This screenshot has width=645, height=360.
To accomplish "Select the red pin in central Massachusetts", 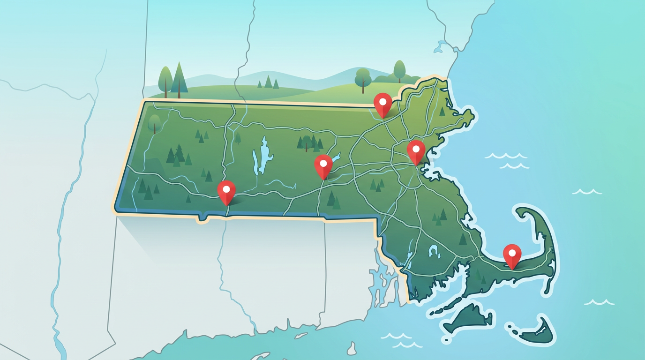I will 323,165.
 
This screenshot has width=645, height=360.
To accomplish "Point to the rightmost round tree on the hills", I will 399,70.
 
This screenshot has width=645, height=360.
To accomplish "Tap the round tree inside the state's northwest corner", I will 154,123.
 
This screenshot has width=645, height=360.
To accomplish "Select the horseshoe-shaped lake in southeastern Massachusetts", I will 433,252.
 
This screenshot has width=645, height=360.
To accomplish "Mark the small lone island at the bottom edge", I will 352,349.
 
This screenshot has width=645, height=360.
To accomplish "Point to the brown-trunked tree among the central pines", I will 307,142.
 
